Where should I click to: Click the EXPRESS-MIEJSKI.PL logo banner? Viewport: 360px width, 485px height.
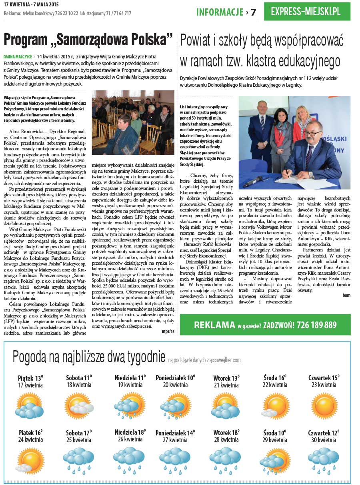pyautogui.click(x=311, y=12)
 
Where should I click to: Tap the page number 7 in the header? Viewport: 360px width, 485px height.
pyautogui.click(x=253, y=12)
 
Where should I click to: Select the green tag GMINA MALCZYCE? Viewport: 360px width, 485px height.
pyautogui.click(x=18, y=57)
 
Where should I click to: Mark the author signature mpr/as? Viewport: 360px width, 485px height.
pyautogui.click(x=168, y=331)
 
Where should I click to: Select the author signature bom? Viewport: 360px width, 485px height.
pyautogui.click(x=346, y=295)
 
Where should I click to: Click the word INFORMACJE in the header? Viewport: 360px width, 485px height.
pyautogui.click(x=220, y=12)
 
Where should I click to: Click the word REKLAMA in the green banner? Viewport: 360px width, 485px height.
pyautogui.click(x=214, y=325)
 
